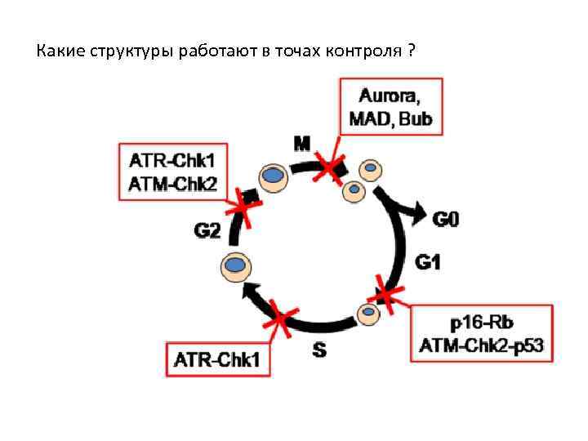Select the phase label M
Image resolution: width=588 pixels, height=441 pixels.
click(x=301, y=145)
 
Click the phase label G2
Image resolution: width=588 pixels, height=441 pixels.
click(x=207, y=231)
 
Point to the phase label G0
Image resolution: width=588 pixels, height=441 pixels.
click(x=446, y=219)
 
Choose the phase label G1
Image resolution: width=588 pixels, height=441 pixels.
click(x=428, y=262)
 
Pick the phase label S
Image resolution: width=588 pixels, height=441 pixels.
click(x=320, y=351)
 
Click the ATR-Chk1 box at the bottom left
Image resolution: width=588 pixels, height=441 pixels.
click(x=220, y=359)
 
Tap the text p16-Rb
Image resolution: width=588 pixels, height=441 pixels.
click(x=482, y=321)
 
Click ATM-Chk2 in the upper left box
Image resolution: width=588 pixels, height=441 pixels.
click(x=173, y=184)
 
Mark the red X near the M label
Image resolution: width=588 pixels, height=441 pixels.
click(x=330, y=169)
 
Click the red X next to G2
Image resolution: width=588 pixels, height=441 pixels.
click(x=243, y=205)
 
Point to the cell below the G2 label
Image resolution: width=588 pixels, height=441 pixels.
click(x=236, y=265)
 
